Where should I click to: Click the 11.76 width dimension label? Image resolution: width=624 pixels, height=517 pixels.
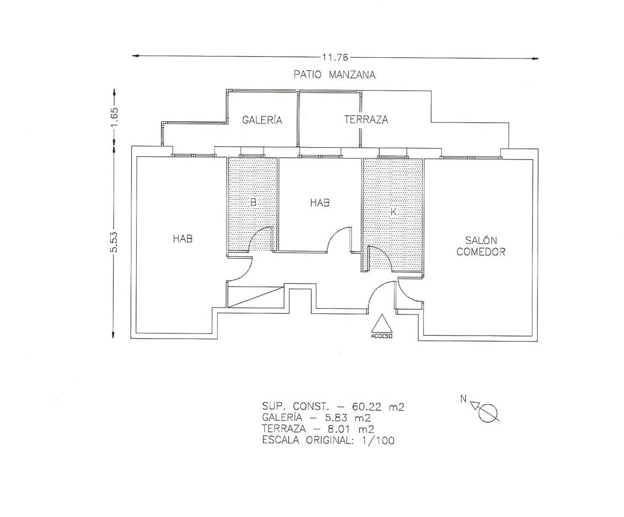335,57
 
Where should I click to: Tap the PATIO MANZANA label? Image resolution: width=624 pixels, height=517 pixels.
334,74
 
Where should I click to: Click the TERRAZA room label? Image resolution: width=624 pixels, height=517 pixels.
366,119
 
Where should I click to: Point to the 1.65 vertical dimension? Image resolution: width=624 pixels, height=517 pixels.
114,117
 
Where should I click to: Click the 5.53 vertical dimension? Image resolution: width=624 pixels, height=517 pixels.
114,242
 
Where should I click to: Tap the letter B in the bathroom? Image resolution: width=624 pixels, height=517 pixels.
253,202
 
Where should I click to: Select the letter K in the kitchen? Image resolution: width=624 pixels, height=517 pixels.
394,212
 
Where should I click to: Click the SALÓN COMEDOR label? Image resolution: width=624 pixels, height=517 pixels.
481,246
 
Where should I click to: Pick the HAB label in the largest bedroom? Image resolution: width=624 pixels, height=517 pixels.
183,239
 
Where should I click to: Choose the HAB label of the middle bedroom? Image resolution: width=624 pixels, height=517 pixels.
320,203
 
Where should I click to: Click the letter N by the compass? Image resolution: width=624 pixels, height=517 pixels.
463,399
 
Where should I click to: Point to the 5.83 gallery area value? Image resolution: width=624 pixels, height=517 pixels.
337,417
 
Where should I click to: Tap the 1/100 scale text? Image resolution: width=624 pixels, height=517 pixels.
378,440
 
